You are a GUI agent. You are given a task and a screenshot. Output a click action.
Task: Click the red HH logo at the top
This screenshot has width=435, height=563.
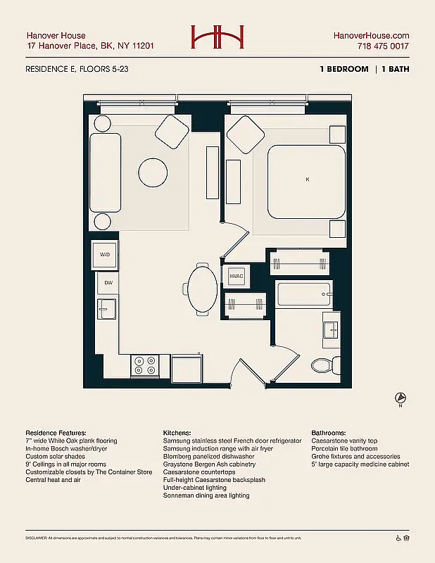pos(217,37)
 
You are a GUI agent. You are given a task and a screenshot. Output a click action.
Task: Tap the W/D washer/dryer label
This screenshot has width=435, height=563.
pos(105,255)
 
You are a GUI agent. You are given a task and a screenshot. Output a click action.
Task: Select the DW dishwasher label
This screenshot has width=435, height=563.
pos(108,283)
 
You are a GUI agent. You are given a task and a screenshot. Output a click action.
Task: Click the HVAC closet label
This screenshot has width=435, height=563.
pos(236,276)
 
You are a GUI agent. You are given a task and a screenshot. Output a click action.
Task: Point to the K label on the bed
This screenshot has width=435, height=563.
pos(307,180)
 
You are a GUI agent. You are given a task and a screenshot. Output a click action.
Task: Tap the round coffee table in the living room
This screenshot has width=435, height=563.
pos(153,172)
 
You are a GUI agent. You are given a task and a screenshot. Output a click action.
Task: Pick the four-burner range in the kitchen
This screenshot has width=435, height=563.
pos(144,365)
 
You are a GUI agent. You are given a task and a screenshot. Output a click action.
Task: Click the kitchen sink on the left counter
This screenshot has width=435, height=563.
pos(107,308)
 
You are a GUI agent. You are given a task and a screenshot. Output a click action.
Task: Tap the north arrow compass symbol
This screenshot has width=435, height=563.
pos(401,398)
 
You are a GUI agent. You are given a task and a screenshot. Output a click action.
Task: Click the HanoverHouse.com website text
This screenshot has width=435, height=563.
pos(371,35)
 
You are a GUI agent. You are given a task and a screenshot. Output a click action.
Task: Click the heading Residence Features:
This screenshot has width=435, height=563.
pos(56,433)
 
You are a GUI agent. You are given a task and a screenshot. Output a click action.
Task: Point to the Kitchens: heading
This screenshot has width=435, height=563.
pos(177,433)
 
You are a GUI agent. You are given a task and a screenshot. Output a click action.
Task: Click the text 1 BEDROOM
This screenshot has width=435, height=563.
pos(344,69)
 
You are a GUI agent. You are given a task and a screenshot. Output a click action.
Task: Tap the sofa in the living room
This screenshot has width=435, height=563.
pos(105,172)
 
